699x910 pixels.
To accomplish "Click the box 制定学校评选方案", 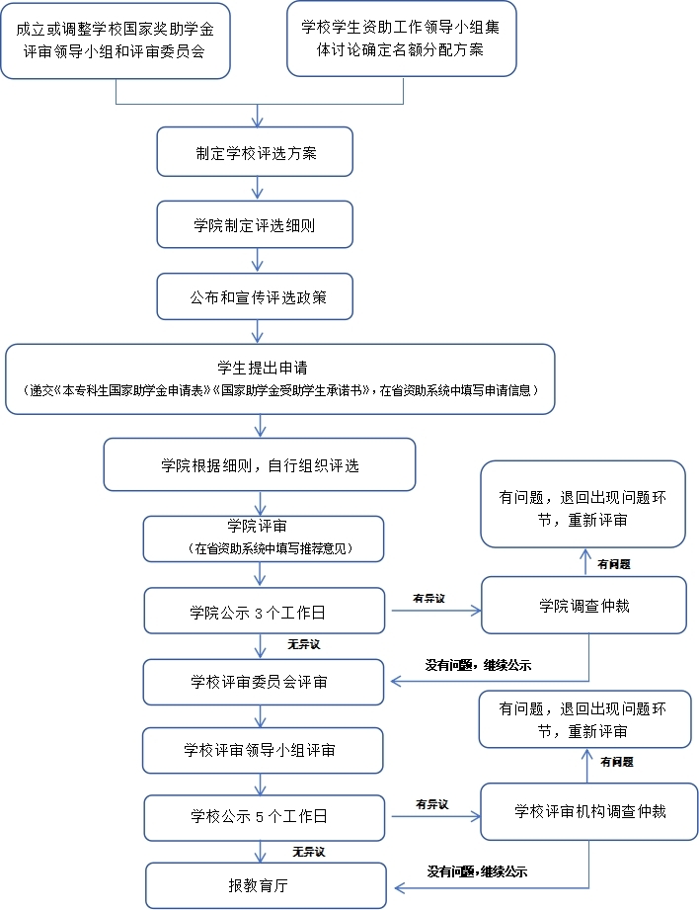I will tap(256, 154).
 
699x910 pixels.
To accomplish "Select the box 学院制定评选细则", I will tap(256, 226).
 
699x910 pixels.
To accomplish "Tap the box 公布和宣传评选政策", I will tap(256, 297).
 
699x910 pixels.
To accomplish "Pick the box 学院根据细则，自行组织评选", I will tap(260, 464).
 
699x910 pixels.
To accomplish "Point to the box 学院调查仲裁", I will tap(583, 605).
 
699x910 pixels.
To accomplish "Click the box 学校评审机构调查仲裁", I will tap(589, 811).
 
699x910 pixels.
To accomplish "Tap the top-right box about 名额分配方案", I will tap(401, 38).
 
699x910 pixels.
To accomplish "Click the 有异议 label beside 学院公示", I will tap(428, 598).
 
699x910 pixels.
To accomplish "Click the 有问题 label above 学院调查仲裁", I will tap(614, 564).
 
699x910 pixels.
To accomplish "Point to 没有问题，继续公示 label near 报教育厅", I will tap(477, 871).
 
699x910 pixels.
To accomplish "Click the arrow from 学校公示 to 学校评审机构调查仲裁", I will tap(435, 816).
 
